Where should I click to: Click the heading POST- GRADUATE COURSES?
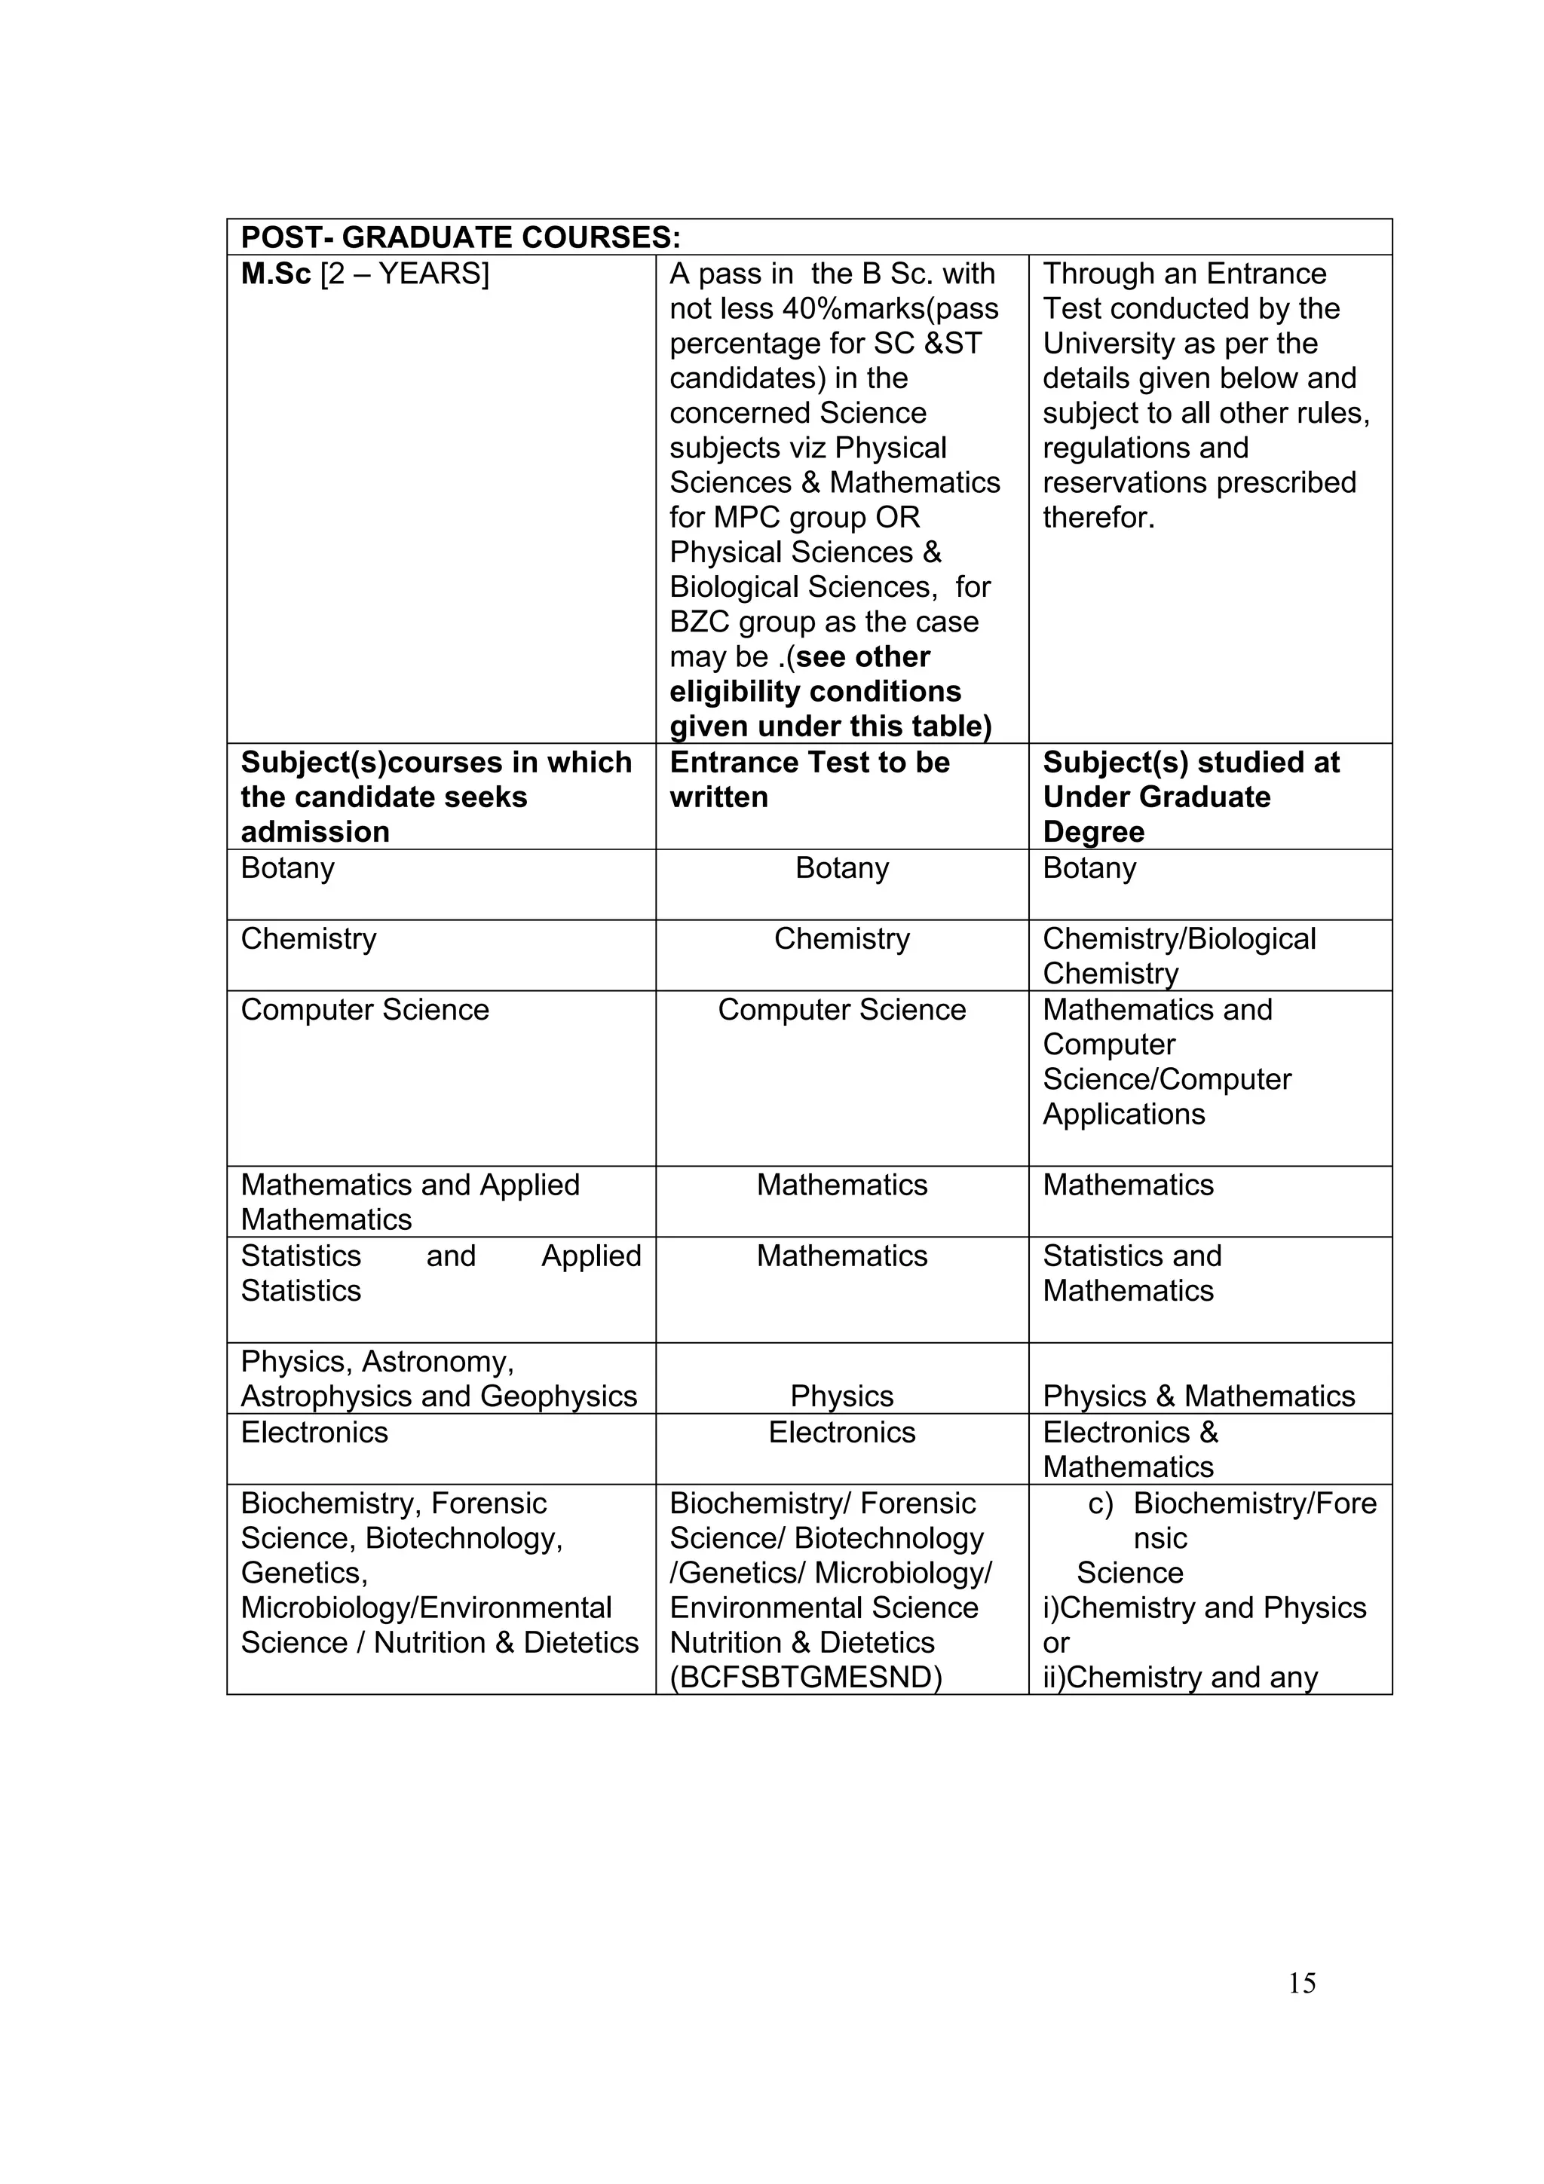(x=461, y=237)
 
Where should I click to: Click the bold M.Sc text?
(x=275, y=274)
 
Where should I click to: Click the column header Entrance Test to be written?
(x=809, y=779)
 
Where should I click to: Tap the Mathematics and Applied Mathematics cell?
(x=409, y=1201)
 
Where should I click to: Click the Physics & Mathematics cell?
(x=1198, y=1396)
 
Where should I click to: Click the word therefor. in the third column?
(x=1098, y=518)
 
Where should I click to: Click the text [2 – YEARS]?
(x=404, y=274)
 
